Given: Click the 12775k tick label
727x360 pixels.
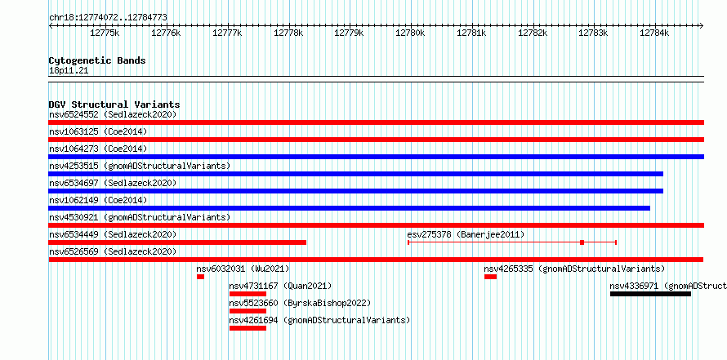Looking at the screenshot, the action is [x=105, y=33].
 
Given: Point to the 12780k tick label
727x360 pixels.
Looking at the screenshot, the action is [x=410, y=33].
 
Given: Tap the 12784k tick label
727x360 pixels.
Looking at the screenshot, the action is [x=654, y=33].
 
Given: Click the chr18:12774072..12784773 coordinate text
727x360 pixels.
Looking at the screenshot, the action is [x=108, y=18].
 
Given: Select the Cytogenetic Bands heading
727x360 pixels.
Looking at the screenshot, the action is [x=97, y=60].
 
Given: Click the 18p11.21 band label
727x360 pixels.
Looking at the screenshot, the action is [x=69, y=71].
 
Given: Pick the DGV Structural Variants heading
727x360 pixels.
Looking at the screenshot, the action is [x=114, y=104].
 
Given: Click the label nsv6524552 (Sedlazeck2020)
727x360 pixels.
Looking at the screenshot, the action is [x=113, y=114].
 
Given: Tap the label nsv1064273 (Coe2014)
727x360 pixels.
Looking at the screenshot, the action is [x=98, y=149].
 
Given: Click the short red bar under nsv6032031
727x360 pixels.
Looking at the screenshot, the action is [x=200, y=277].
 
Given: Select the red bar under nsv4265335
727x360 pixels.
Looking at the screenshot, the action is [x=491, y=277].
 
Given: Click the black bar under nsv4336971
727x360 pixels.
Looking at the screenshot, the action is [x=650, y=294].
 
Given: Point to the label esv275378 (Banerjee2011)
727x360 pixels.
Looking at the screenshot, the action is [x=466, y=234].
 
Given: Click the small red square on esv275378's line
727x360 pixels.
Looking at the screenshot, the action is [x=582, y=242].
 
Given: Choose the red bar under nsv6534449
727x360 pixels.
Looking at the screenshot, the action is [x=177, y=242].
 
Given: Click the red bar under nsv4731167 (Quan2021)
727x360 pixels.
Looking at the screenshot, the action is [x=248, y=294].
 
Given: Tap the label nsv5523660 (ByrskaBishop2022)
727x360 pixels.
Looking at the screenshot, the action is [x=300, y=303].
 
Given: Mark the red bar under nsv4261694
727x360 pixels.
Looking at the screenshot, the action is [x=248, y=328].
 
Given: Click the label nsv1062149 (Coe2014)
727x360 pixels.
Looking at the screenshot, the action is [x=98, y=200].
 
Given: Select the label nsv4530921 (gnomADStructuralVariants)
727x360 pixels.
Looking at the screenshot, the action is [x=140, y=217].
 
